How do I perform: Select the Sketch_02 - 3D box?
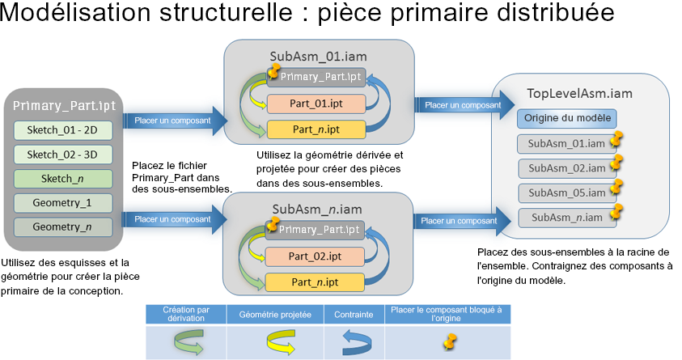(x=62, y=155)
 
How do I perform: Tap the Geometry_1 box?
(x=62, y=203)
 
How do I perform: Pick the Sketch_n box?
(x=62, y=179)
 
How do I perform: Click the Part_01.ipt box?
(x=316, y=104)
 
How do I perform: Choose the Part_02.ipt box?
(x=316, y=257)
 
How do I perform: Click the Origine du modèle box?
(x=567, y=119)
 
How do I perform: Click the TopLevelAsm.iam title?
(x=579, y=93)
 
